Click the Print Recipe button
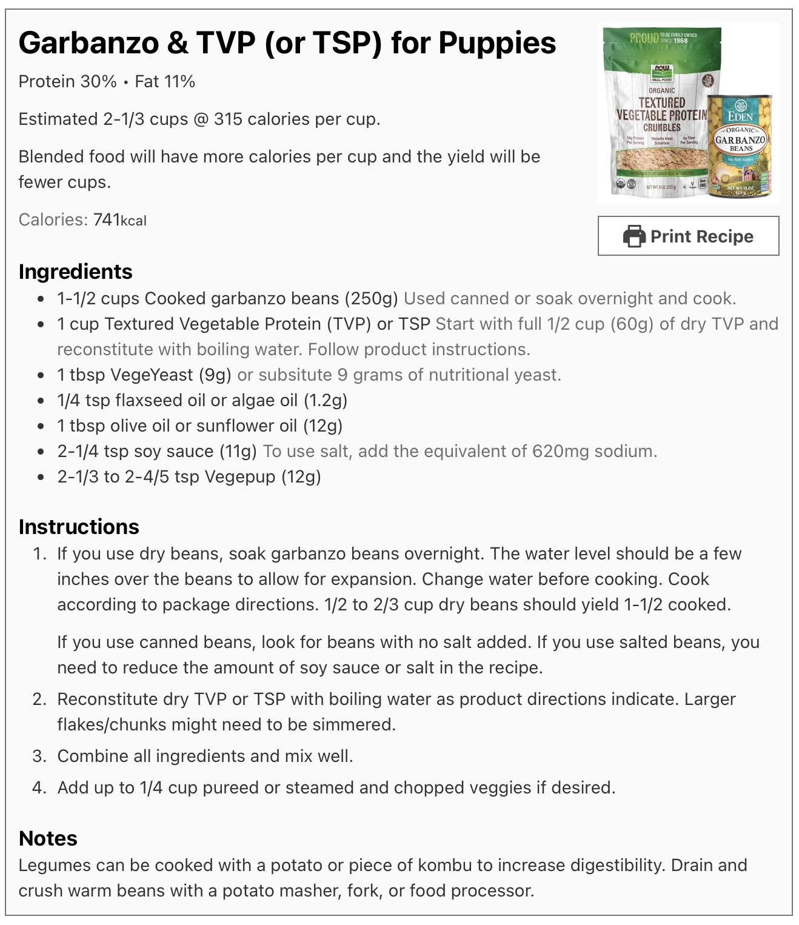coord(688,236)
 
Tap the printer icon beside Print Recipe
coord(634,236)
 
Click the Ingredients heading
coord(75,272)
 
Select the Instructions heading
coord(79,527)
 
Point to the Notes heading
coord(48,838)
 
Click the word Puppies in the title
coord(497,43)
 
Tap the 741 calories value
coord(107,219)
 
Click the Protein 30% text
coord(67,82)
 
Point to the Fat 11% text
coord(165,82)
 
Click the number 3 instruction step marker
coord(39,756)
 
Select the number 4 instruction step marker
coord(39,788)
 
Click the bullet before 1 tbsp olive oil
coord(41,426)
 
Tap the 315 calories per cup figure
coord(228,119)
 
